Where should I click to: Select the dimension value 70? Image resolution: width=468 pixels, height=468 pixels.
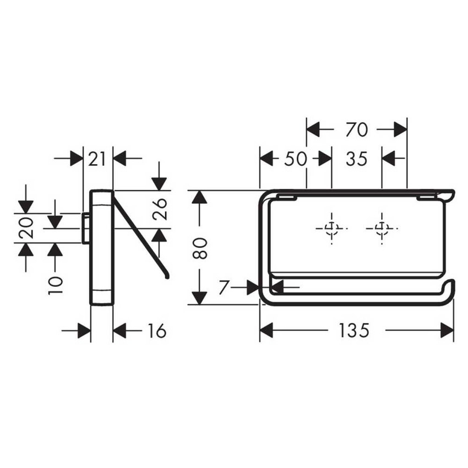(x=356, y=129)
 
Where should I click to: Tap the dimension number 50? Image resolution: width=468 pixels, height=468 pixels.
(x=295, y=159)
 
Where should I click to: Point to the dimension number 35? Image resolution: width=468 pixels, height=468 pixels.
(x=356, y=159)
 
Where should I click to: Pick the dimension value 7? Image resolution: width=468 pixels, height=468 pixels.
(x=224, y=287)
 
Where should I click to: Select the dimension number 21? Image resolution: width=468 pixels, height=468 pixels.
(x=97, y=159)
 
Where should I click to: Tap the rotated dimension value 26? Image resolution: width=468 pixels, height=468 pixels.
(x=159, y=209)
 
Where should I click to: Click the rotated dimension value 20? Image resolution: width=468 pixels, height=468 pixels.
(x=26, y=228)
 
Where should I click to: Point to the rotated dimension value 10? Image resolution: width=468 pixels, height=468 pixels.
(x=55, y=283)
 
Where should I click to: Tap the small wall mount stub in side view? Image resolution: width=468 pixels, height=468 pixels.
(x=86, y=228)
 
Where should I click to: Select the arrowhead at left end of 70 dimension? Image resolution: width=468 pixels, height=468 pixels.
(x=313, y=129)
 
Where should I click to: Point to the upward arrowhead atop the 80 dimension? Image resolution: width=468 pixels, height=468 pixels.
(x=199, y=198)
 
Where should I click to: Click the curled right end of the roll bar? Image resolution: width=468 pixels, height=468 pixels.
(x=451, y=287)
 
